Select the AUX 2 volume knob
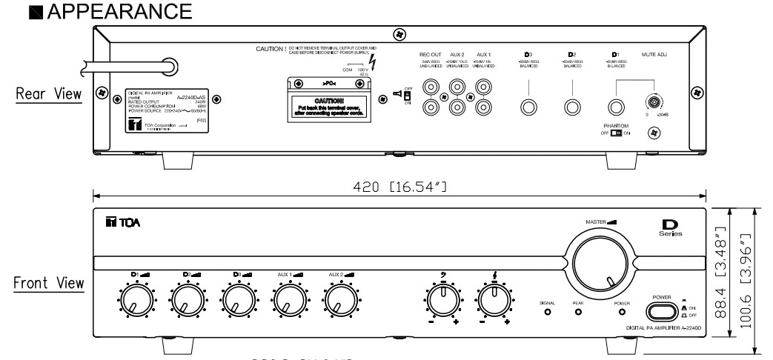coord(340,301)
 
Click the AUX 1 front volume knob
coord(289,301)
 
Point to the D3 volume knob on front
coord(237,301)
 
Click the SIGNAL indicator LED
coord(548,313)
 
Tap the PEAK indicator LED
coord(579,313)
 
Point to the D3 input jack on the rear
coord(528,106)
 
